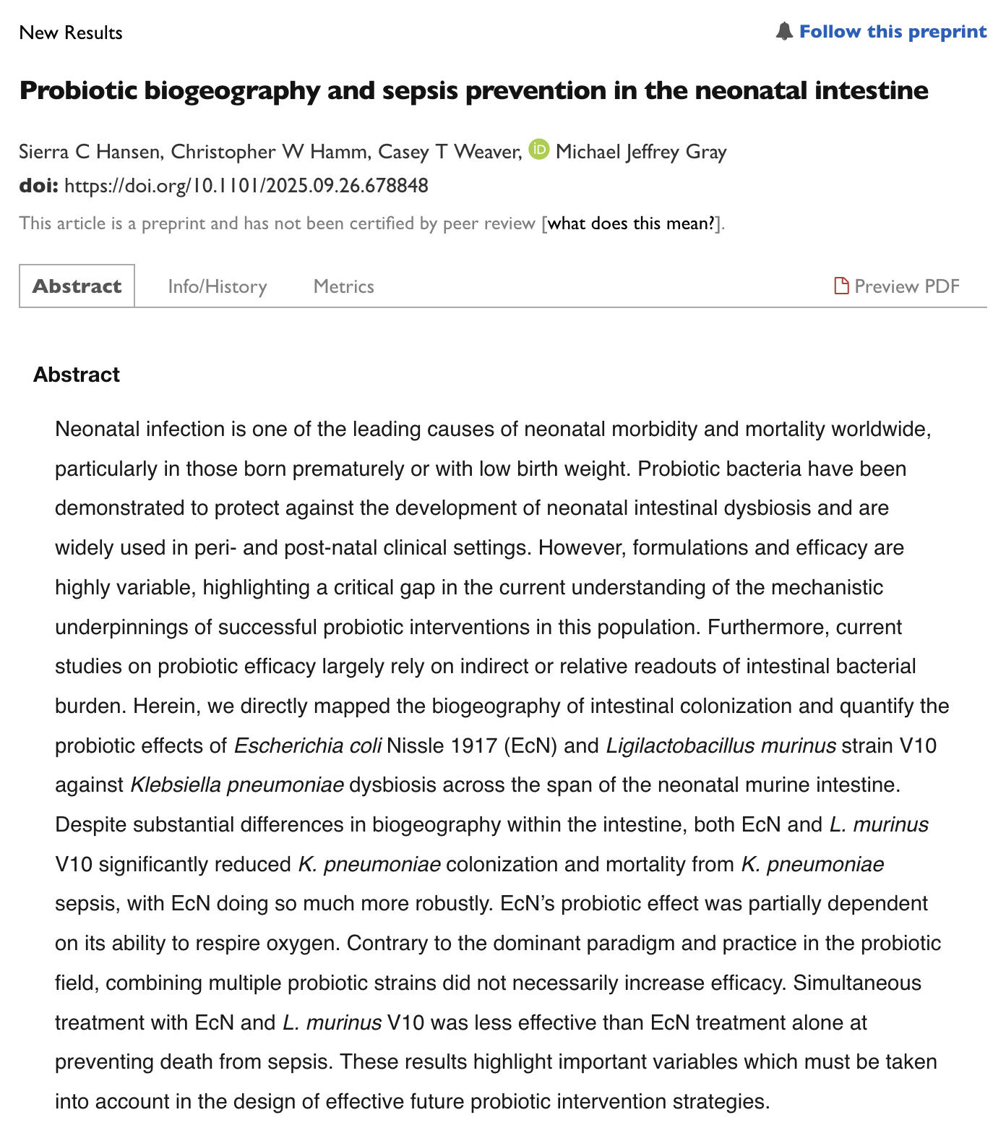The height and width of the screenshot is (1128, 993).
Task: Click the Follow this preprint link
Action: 893,32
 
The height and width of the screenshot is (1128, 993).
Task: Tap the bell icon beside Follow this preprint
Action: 784,32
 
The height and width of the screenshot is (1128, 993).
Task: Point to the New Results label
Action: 71,33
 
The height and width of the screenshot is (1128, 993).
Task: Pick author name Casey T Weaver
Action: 449,152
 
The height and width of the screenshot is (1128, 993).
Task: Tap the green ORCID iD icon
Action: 539,150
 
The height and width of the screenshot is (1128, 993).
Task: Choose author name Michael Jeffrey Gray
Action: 641,152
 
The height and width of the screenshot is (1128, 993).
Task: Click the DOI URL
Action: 246,187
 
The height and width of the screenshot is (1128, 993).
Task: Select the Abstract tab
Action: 77,286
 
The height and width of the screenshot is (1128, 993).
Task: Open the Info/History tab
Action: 218,287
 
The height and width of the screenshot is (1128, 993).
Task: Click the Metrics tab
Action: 344,287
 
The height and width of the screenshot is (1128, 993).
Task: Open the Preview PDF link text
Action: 907,286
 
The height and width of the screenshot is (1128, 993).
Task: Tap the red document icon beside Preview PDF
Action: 841,286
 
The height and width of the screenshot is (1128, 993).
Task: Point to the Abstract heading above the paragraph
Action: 77,375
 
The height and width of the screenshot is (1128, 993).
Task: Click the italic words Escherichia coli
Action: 308,745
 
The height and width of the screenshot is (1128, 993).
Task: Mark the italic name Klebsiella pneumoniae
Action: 237,785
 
